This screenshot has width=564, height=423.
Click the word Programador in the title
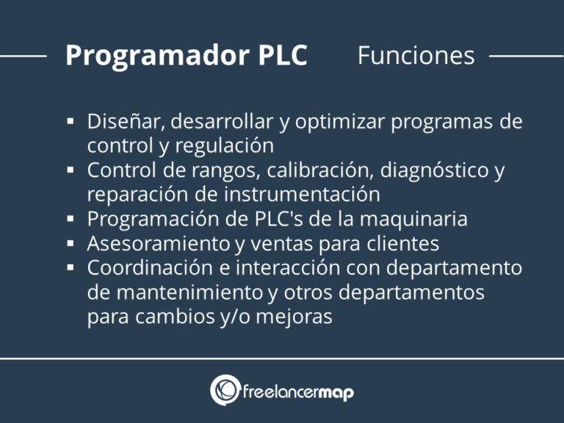156,56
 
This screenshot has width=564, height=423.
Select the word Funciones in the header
416,55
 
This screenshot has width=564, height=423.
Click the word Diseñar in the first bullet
126,122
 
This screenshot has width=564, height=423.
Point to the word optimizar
340,123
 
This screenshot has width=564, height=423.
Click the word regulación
225,146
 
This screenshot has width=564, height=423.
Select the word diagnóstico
430,170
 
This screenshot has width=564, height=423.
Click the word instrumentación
302,195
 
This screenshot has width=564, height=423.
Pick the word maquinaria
413,219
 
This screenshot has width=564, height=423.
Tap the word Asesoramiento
159,244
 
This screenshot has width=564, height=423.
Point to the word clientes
403,244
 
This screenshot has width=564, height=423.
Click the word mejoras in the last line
294,317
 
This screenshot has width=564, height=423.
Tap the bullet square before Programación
70,218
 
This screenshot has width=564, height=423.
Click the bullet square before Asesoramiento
70,243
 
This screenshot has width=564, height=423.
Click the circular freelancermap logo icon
225,390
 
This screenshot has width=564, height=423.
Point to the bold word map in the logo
336,393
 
